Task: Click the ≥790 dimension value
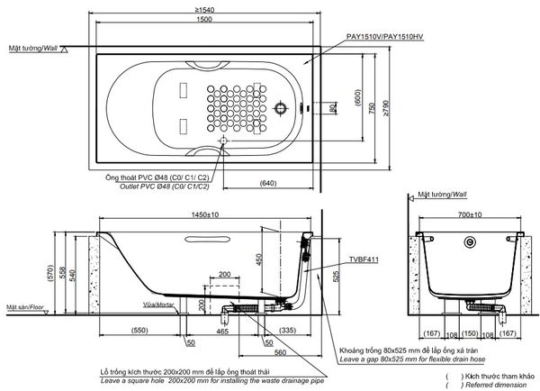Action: click(385, 109)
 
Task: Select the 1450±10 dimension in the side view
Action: click(208, 214)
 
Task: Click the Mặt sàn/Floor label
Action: click(26, 307)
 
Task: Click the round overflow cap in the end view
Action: click(470, 242)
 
